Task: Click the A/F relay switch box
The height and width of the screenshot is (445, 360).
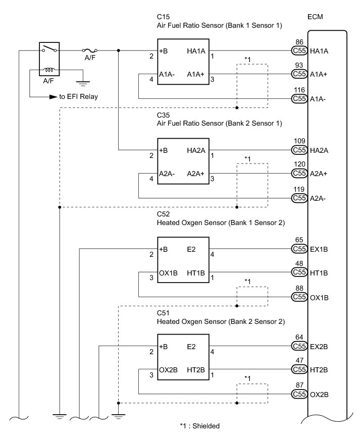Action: point(49,59)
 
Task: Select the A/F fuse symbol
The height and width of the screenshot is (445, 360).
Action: point(90,50)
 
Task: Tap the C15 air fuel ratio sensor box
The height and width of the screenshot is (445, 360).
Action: point(183,62)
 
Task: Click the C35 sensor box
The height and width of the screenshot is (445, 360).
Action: point(183,161)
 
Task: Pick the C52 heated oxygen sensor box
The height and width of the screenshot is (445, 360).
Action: point(183,260)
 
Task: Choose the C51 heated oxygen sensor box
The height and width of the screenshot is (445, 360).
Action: point(183,357)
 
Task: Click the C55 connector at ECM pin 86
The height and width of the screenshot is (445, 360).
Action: point(299,50)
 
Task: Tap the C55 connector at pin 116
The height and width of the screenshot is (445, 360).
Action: point(299,98)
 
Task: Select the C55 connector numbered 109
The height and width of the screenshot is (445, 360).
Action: point(299,150)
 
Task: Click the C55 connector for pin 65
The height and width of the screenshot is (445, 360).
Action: point(299,249)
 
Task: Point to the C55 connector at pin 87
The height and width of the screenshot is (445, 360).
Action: point(299,394)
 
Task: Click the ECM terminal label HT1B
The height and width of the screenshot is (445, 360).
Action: point(319,273)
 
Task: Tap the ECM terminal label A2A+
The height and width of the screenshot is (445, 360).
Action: point(319,174)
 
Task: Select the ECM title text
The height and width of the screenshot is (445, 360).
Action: point(315,17)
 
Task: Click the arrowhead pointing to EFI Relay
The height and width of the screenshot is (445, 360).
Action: point(54,97)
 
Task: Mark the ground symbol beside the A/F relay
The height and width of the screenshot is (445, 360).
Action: point(83,83)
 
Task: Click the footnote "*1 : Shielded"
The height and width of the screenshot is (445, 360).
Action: point(200,426)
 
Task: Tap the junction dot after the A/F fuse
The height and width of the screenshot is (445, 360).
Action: point(119,50)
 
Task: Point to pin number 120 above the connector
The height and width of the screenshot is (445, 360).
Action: point(299,164)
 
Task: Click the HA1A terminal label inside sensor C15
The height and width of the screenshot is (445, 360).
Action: point(196,51)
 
